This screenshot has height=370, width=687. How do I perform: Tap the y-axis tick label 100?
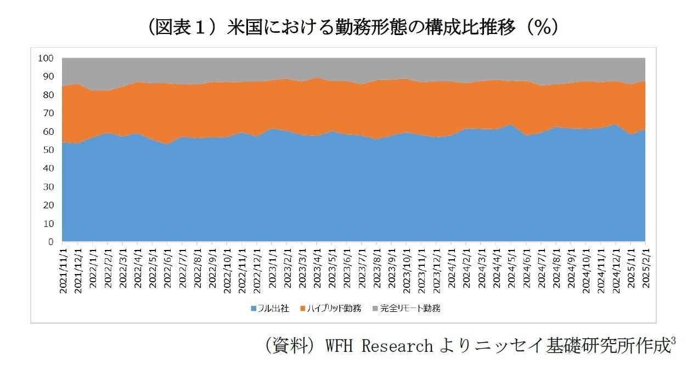click(46, 58)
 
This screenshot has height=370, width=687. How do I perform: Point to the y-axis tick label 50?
click(48, 150)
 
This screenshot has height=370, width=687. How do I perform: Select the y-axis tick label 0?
click(50, 242)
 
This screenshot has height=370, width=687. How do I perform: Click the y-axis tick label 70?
click(48, 113)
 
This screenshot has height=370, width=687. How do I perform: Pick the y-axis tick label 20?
click(48, 205)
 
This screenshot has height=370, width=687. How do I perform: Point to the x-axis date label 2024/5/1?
click(511, 269)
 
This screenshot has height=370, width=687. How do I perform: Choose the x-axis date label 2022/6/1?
click(167, 269)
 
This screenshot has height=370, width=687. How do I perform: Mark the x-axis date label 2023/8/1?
click(376, 269)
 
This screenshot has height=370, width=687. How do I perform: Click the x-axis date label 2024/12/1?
click(616, 270)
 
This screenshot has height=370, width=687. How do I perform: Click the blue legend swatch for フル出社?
click(254, 309)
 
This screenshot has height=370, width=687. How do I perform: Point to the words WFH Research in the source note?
click(379, 346)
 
